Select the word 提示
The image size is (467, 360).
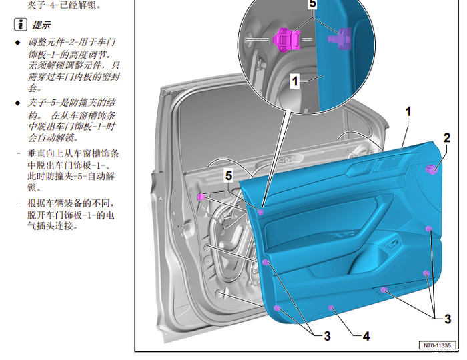pyautogui.click(x=41, y=25)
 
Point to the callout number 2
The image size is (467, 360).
pyautogui.click(x=446, y=138)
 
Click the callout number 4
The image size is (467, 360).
pyautogui.click(x=366, y=336)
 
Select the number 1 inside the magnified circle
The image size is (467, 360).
pyautogui.click(x=294, y=81)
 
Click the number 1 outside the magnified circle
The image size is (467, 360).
pyautogui.click(x=408, y=111)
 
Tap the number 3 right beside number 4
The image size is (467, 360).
pyautogui.click(x=327, y=336)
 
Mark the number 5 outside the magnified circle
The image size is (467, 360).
pyautogui.click(x=228, y=175)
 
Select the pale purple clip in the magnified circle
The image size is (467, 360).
pyautogui.click(x=340, y=38)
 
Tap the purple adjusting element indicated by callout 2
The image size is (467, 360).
pyautogui.click(x=432, y=169)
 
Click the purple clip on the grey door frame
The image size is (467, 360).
pyautogui.click(x=201, y=197)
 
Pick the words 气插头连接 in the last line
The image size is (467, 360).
pyautogui.click(x=53, y=227)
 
